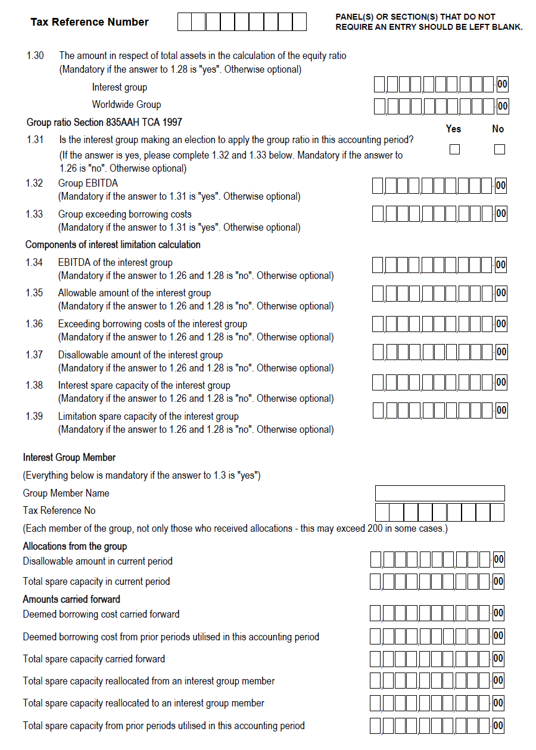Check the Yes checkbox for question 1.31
point(454,149)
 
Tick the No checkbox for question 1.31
point(499,149)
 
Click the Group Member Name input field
point(440,493)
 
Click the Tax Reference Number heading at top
point(89,22)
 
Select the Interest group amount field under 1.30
point(434,85)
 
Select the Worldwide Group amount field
point(434,106)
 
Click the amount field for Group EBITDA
point(432,186)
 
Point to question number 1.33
point(34,214)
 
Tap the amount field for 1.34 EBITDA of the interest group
point(432,265)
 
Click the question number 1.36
point(34,324)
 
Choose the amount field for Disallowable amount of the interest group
point(432,352)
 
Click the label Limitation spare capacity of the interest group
point(148,416)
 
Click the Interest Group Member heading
point(69,457)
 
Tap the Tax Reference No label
point(59,510)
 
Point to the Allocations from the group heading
point(74,546)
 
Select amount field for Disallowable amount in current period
point(430,559)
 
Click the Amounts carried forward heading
point(71,599)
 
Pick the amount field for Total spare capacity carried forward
point(430,659)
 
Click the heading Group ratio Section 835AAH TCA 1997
point(104,122)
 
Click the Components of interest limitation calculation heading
point(113,244)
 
